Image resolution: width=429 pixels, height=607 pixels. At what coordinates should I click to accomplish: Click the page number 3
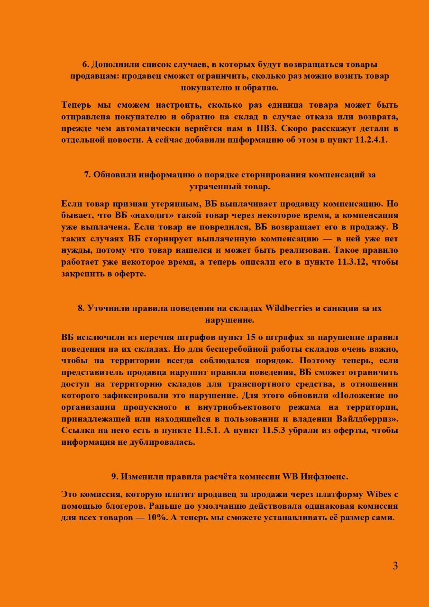point(395,566)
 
